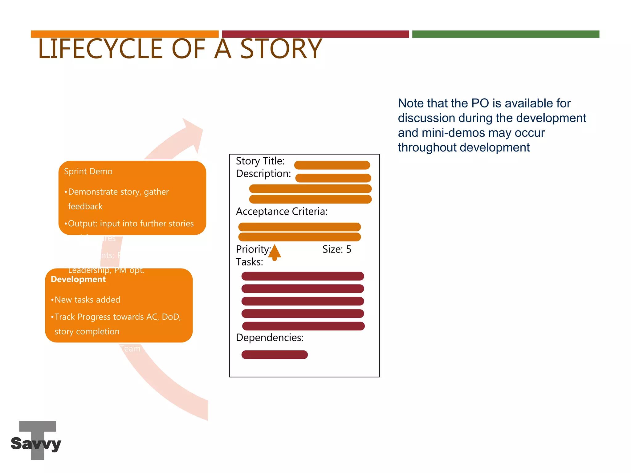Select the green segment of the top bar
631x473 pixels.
pos(505,34)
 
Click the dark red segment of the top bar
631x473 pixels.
pos(315,34)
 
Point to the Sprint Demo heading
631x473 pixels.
pos(88,172)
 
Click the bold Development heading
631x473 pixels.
pos(78,279)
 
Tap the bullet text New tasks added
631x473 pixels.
pos(88,300)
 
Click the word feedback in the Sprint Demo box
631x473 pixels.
pos(85,206)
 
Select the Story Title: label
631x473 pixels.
pos(260,161)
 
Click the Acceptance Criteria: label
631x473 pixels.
pos(281,212)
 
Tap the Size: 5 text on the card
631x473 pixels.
pos(336,249)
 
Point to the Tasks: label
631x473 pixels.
pos(249,262)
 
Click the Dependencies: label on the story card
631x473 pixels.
pos(270,338)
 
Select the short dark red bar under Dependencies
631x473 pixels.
pos(275,355)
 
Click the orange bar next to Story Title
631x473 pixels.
pos(332,165)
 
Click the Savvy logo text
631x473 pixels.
pos(36,443)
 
